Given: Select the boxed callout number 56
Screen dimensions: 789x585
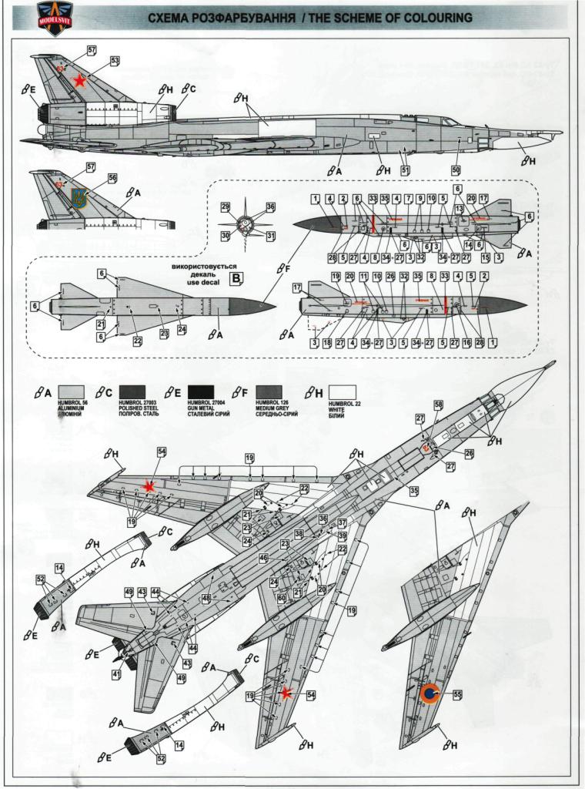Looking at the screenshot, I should pos(112,178).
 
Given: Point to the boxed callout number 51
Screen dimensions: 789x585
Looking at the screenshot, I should pos(405,170).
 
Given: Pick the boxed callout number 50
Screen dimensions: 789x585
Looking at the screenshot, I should pos(456,170).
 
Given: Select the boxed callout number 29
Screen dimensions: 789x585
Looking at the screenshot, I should pos(225,207).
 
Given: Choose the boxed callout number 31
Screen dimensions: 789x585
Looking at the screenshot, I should pos(271,235).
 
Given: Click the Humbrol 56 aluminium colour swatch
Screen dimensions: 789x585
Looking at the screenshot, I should pos(69,391).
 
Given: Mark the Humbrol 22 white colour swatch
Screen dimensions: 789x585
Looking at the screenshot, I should pos(344,391).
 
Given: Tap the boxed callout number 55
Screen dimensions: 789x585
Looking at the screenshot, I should pos(458,695).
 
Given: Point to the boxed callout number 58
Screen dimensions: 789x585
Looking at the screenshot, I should pos(438,405).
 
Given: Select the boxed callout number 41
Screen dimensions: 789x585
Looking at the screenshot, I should pos(116,674).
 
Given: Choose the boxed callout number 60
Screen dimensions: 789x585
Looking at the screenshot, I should pos(282,598).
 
